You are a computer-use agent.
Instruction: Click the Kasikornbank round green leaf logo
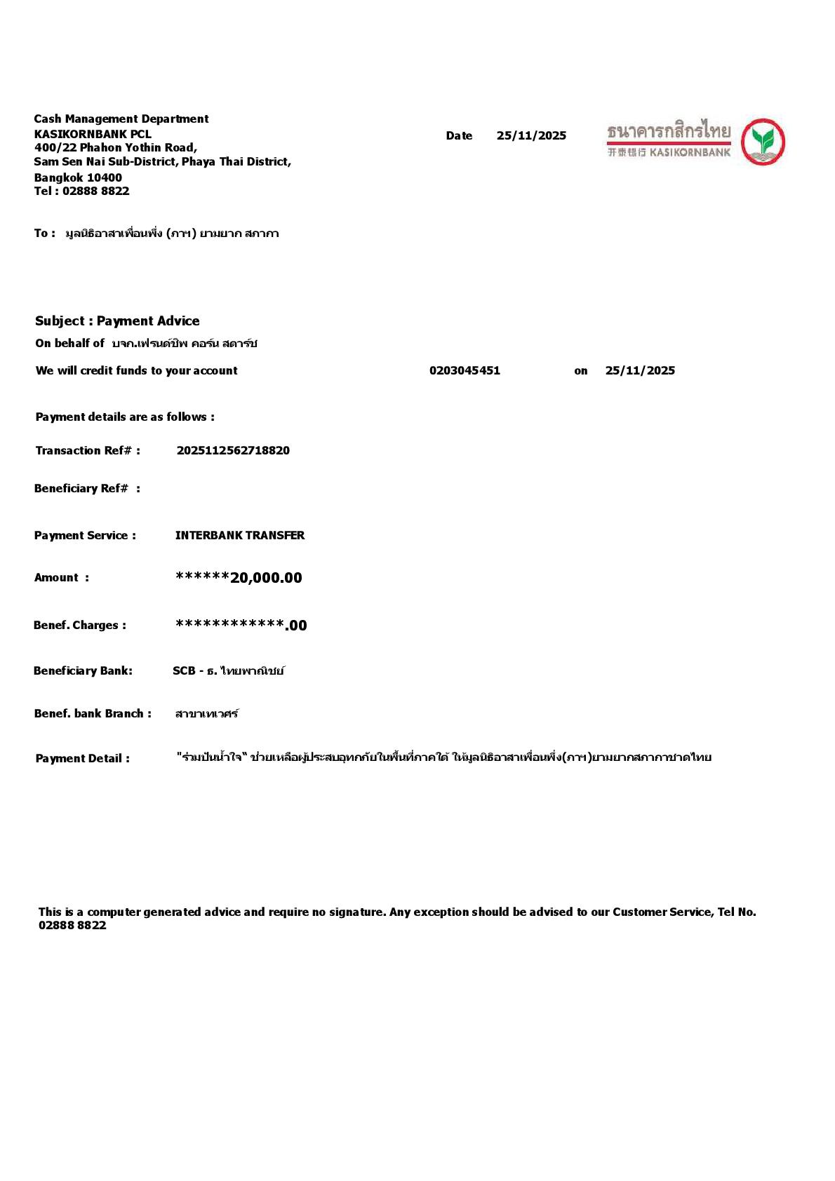pos(763,142)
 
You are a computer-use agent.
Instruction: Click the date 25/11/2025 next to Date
pos(531,136)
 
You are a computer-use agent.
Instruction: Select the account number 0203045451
pos(465,371)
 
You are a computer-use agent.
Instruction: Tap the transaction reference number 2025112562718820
pos(233,451)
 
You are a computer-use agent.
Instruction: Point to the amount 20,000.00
pos(266,578)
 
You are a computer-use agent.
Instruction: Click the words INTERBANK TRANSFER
pos(240,536)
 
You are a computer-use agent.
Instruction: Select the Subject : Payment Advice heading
pos(117,321)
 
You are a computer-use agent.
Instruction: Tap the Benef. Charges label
pos(80,626)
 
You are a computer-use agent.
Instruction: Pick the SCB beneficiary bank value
pos(228,671)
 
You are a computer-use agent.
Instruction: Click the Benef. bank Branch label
pos(93,714)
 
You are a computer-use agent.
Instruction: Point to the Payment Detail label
pos(82,759)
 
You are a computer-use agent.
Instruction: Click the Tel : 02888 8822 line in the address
pos(81,191)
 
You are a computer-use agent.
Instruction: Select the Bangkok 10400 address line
pos(78,178)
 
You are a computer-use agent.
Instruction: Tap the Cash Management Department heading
pos(121,119)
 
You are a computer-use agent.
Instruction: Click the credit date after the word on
pos(640,371)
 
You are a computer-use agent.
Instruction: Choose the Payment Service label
pos(85,536)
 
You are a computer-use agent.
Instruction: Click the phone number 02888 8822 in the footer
pos(72,926)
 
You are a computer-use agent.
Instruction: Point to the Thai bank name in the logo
pos(668,131)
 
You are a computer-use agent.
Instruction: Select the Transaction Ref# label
pos(88,451)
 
